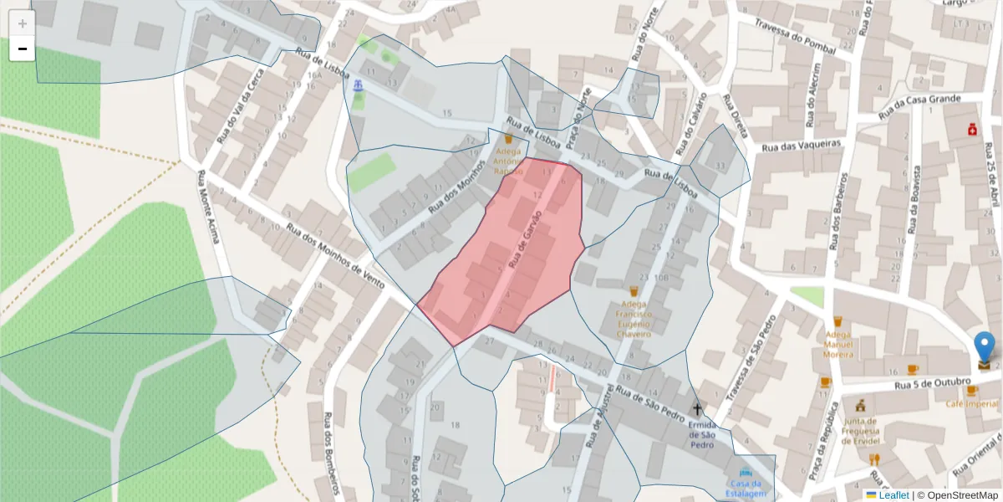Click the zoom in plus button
pyautogui.click(x=22, y=23)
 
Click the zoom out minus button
pyautogui.click(x=22, y=49)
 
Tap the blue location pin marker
pyautogui.click(x=985, y=347)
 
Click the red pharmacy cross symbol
pyautogui.click(x=973, y=130)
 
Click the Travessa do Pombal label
pyautogui.click(x=795, y=38)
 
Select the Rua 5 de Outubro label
pyautogui.click(x=932, y=386)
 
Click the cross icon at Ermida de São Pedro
pyautogui.click(x=697, y=408)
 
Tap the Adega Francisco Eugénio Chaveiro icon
pyautogui.click(x=634, y=291)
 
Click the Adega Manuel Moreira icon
pyautogui.click(x=837, y=321)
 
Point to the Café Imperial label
pyautogui.click(x=972, y=403)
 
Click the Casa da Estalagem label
pyautogui.click(x=746, y=489)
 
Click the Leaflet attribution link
pyautogui.click(x=893, y=495)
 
